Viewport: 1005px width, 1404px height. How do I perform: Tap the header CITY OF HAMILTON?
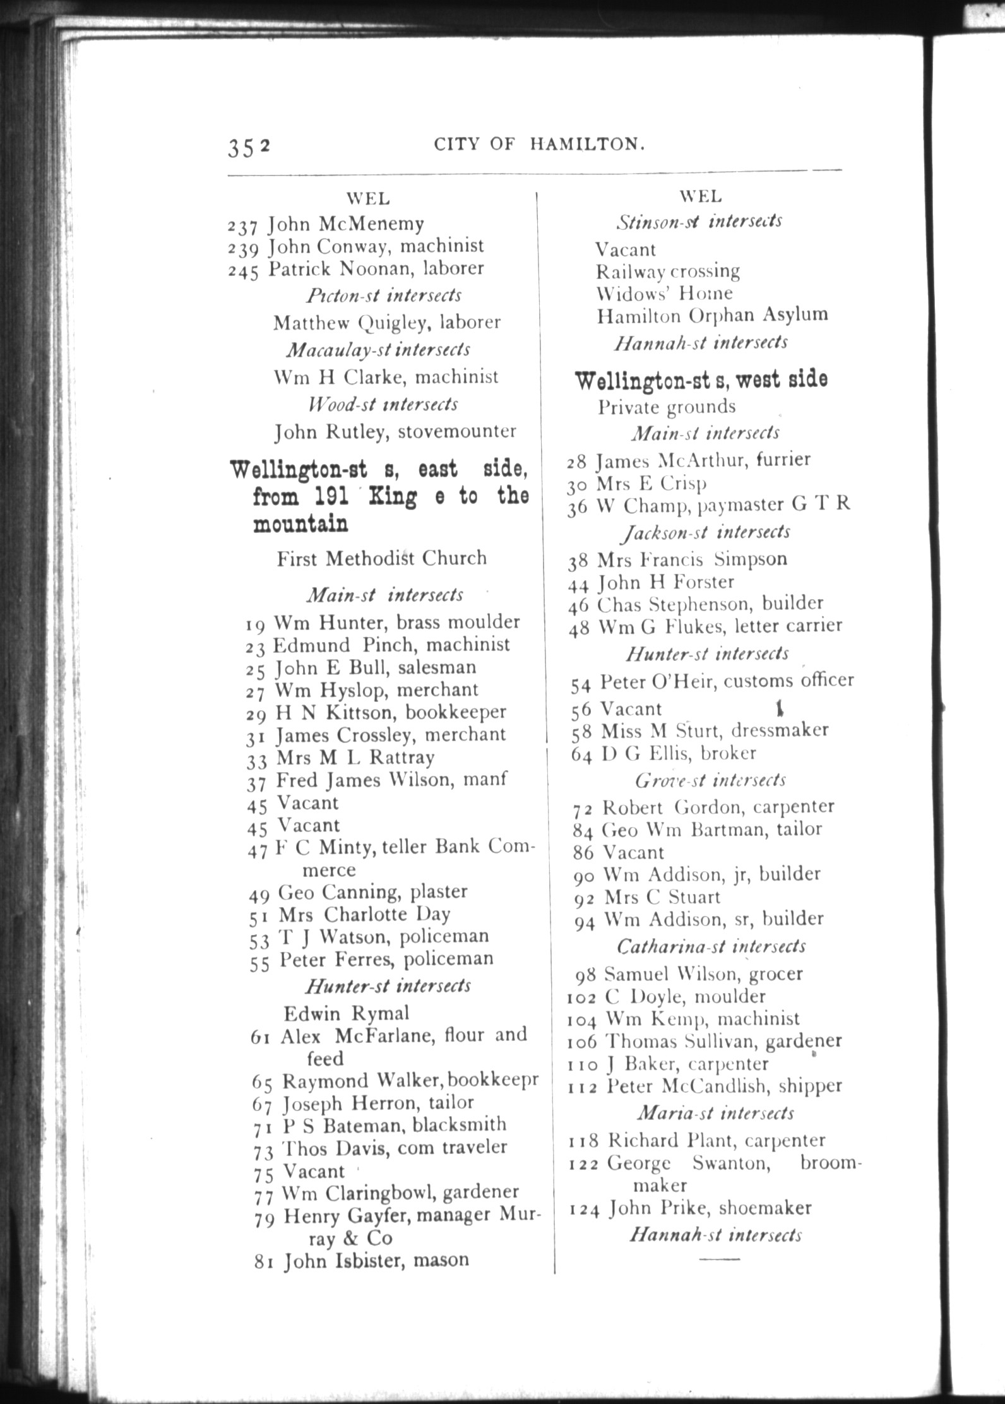[540, 145]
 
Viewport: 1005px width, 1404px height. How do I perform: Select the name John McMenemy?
[345, 224]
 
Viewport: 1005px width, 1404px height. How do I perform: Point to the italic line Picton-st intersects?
[384, 295]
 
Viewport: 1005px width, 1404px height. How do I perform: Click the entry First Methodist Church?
[381, 558]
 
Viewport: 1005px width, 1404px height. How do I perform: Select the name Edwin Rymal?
[346, 1013]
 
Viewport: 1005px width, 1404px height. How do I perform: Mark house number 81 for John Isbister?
[263, 1262]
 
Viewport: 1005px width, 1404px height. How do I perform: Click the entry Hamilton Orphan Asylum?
[711, 315]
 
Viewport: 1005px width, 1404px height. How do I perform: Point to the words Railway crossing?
[667, 271]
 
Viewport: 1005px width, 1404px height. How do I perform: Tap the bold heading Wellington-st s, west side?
[701, 380]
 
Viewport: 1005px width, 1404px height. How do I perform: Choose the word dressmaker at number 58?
[794, 730]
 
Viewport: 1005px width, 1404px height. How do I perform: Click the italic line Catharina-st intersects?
[711, 946]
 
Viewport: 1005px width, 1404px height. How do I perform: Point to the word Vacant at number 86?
[633, 853]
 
